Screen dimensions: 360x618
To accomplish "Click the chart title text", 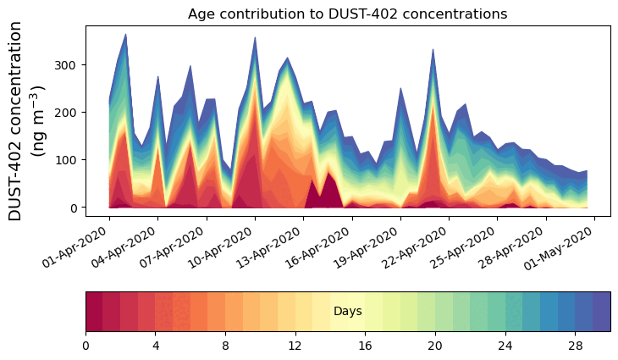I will pos(347,14).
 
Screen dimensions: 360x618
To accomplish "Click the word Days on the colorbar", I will pos(347,312).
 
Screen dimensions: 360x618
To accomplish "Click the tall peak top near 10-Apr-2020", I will pos(255,39).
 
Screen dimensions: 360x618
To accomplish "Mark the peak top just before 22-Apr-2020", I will pos(433,51).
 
